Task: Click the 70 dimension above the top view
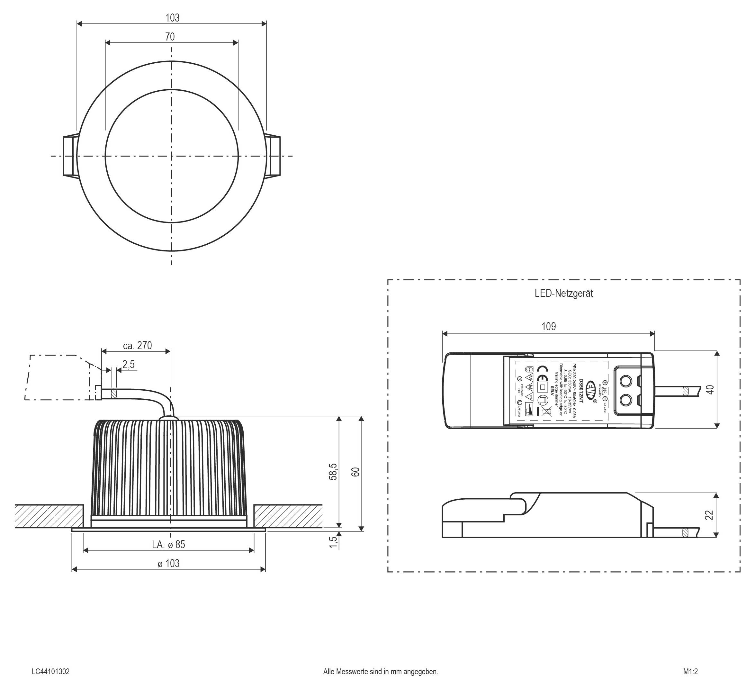(170, 37)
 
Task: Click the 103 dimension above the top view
(172, 18)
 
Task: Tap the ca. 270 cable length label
(138, 345)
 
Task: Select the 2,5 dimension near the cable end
(128, 364)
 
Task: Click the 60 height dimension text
(356, 472)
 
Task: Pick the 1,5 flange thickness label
(333, 542)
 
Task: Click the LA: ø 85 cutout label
(168, 544)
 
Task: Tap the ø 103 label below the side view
(168, 564)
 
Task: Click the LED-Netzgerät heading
(564, 293)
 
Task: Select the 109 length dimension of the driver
(548, 326)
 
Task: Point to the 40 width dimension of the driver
(710, 389)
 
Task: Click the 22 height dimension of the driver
(709, 515)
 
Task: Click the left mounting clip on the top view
(69, 156)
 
